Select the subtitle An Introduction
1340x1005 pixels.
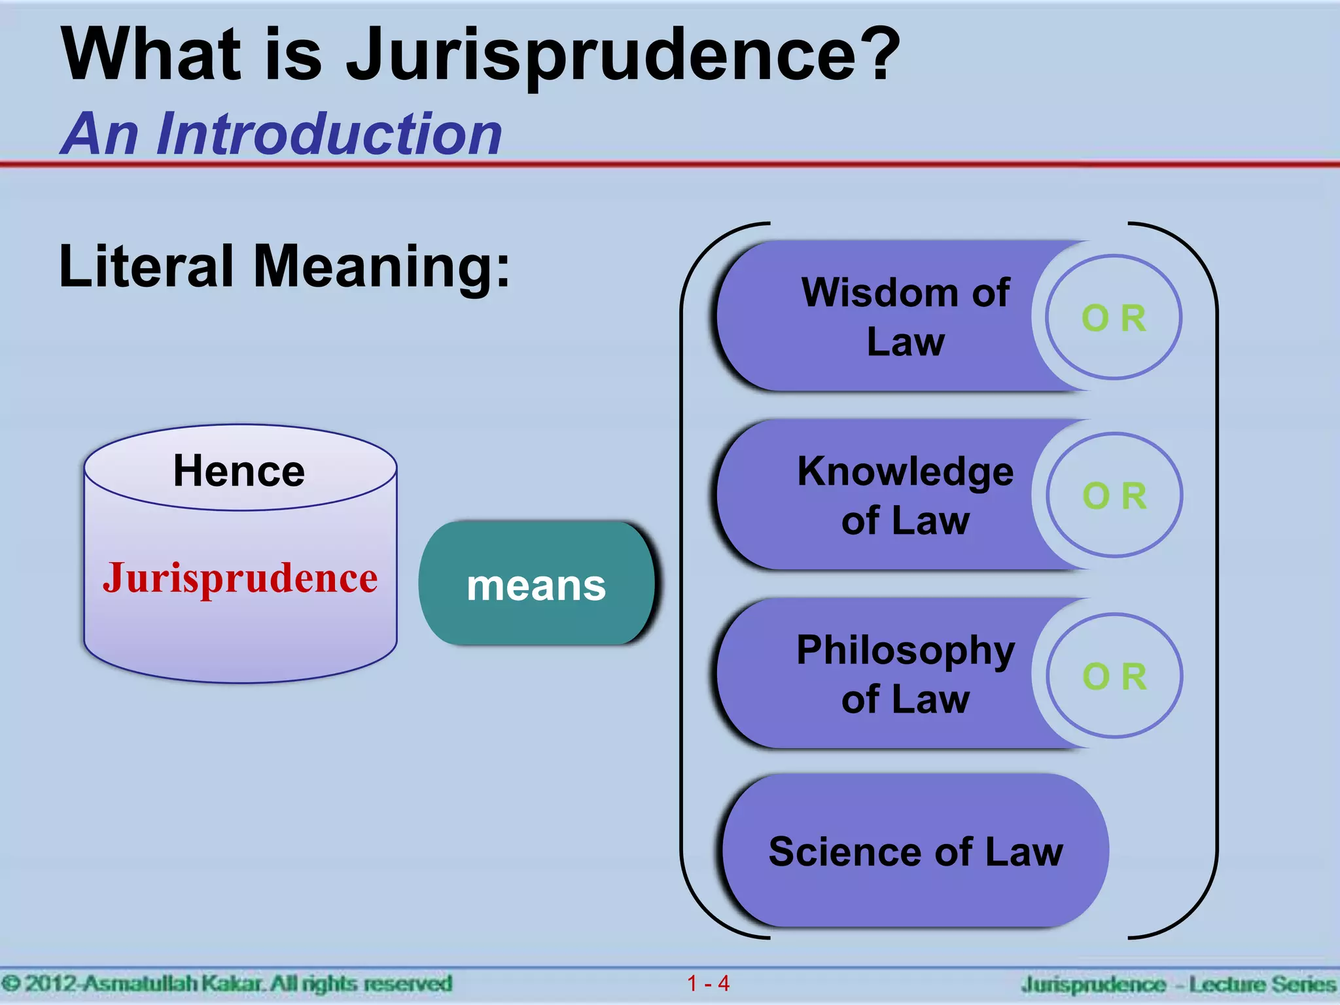281,134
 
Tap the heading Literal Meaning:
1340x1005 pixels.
285,267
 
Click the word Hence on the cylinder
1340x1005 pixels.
239,471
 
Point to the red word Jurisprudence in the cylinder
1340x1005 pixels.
240,578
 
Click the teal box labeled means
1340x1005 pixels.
537,584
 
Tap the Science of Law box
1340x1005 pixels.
915,851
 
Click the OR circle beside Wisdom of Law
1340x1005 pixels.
1114,318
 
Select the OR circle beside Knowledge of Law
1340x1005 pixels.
1114,495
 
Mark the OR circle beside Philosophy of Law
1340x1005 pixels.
1114,676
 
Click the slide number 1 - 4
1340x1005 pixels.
708,983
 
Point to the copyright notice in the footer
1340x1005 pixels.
226,983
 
